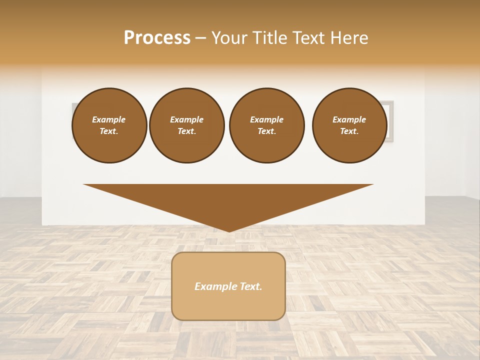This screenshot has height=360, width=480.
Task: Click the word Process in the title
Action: click(x=157, y=38)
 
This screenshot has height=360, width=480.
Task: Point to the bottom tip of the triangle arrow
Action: click(x=229, y=230)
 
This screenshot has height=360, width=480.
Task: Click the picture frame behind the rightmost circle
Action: click(x=390, y=120)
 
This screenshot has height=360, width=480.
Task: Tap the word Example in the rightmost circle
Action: click(x=349, y=119)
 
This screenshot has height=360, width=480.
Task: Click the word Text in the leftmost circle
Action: click(x=109, y=131)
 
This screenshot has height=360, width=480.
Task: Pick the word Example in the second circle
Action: click(x=186, y=119)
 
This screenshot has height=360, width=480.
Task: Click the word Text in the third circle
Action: click(x=266, y=131)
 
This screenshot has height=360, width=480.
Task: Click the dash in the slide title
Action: click(x=201, y=38)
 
